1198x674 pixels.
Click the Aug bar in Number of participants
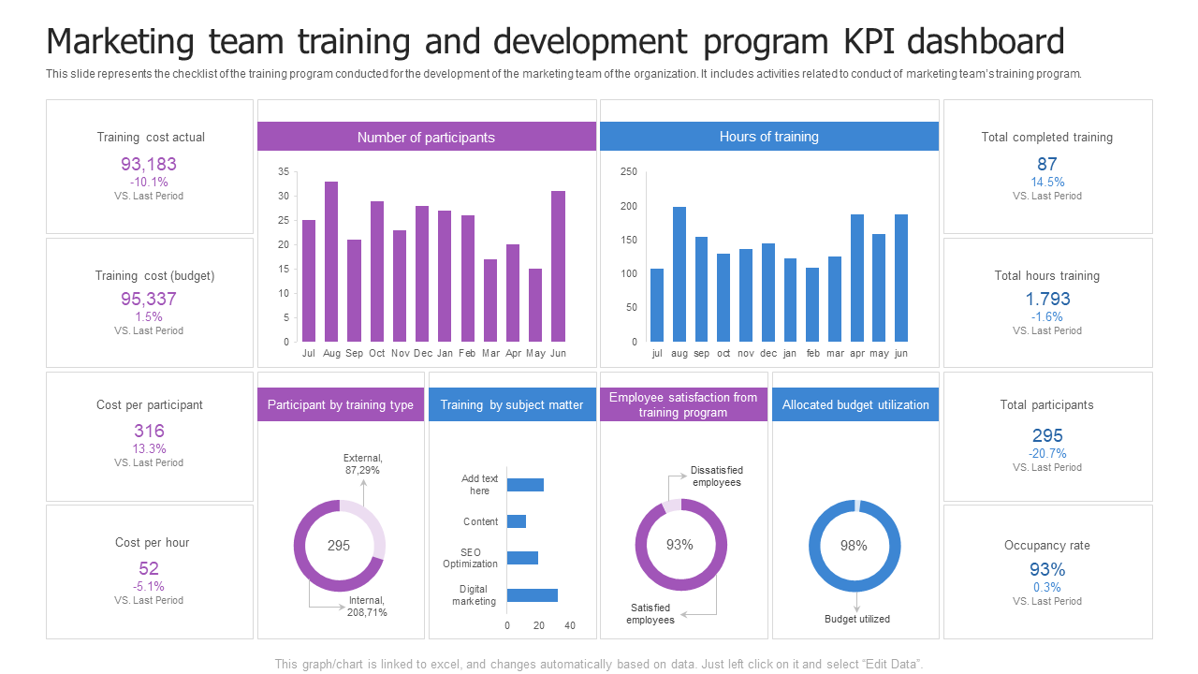click(331, 262)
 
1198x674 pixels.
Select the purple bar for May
click(535, 305)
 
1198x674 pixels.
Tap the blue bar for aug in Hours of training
click(679, 274)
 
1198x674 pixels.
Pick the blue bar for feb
click(812, 304)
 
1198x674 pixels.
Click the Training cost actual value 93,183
click(149, 164)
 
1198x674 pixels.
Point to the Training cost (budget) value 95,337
click(149, 299)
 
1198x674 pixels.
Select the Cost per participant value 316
click(149, 431)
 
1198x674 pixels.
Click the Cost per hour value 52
click(149, 568)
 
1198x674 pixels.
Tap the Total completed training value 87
click(1046, 164)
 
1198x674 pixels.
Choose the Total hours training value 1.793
click(1046, 299)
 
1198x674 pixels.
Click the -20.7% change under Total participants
click(1047, 453)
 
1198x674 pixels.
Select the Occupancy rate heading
click(1046, 545)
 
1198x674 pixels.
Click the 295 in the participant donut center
click(339, 545)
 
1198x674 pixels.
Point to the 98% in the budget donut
click(854, 545)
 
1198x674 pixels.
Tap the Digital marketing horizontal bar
click(532, 595)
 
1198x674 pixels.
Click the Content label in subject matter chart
click(481, 521)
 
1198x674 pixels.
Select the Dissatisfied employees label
click(717, 476)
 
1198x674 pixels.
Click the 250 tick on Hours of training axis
click(628, 171)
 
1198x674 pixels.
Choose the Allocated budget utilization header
click(855, 404)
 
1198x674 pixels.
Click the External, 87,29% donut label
click(362, 464)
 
